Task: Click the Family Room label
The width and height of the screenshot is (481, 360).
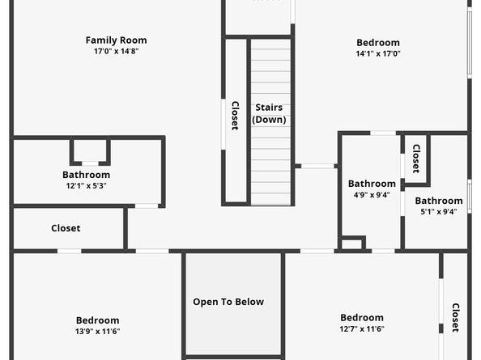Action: point(116,40)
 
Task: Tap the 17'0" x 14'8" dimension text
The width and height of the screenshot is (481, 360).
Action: point(116,52)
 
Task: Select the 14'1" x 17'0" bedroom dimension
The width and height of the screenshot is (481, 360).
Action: point(378,54)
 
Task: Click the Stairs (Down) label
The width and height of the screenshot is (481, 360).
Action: point(269,113)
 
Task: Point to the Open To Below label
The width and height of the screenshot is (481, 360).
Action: point(228,302)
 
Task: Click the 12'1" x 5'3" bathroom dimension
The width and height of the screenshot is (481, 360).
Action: point(86,186)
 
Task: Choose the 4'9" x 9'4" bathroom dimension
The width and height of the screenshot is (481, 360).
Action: point(372,195)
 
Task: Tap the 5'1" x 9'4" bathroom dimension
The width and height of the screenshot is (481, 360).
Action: point(439,212)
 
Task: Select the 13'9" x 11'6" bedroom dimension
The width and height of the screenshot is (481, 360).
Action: point(98,332)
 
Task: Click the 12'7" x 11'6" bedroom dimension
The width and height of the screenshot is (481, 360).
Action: point(362,329)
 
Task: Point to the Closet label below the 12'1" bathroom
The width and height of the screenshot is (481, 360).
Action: point(66,228)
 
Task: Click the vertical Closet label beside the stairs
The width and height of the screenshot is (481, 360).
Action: point(235,116)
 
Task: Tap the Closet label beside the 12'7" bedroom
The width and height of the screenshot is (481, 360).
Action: point(455,317)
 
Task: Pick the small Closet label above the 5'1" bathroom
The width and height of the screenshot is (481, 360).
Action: point(416,158)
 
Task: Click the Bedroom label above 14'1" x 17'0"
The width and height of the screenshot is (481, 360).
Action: point(378,43)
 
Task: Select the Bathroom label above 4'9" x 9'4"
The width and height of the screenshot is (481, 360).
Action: point(372,184)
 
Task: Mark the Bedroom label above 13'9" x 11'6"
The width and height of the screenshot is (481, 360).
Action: point(98,320)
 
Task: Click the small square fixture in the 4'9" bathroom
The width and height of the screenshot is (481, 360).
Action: point(352,243)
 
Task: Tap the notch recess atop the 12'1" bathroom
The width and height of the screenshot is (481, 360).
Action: point(90,151)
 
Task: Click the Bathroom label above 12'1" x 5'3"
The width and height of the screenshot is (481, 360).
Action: point(86,175)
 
